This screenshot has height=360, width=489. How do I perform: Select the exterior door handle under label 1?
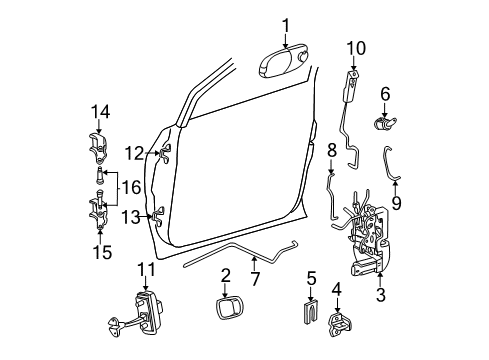(287, 63)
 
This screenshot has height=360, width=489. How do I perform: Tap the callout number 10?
(356, 48)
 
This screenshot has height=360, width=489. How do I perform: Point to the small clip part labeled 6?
(385, 126)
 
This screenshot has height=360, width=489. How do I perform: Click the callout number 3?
(380, 296)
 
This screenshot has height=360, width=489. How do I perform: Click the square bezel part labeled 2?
(228, 311)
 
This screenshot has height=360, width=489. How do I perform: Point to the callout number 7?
(256, 277)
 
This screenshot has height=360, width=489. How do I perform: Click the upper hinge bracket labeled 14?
(100, 145)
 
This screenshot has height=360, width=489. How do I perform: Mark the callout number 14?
(99, 112)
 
